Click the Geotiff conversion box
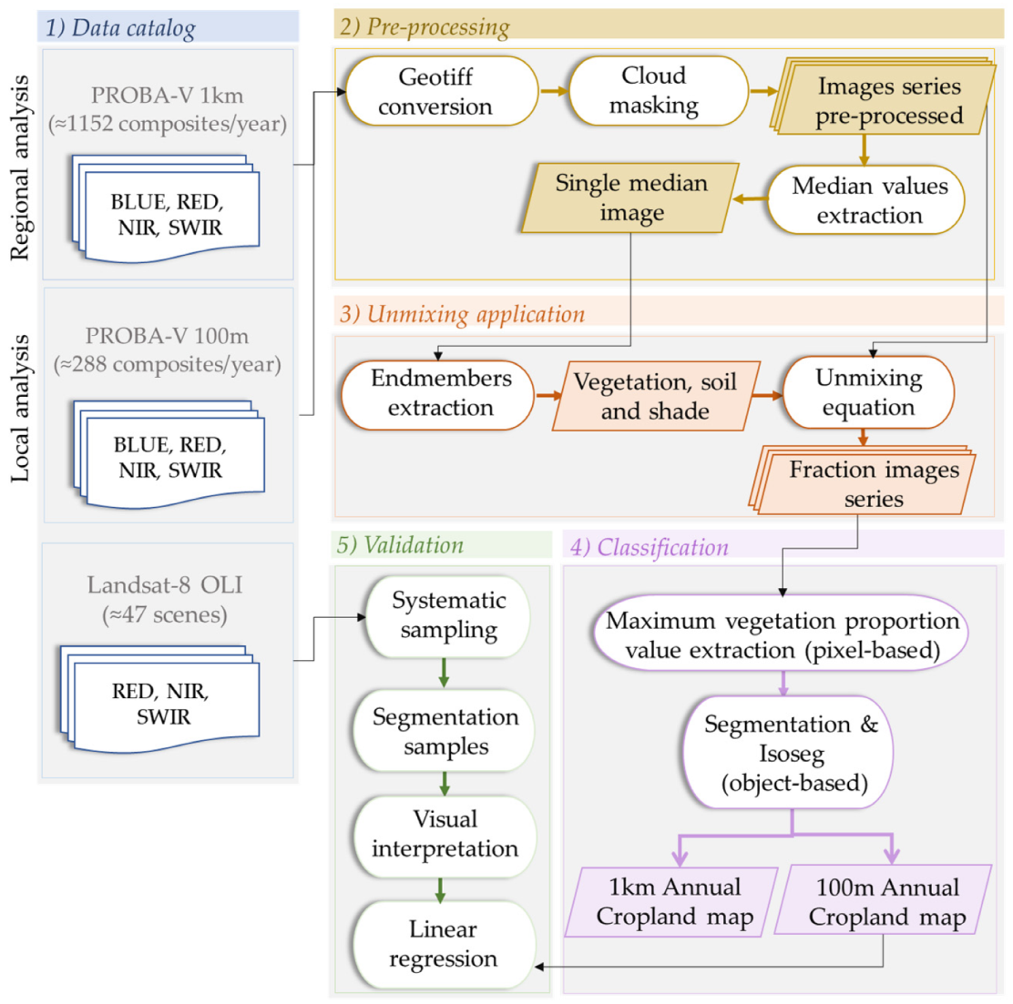[x=435, y=92]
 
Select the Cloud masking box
[x=653, y=91]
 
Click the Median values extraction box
[x=868, y=200]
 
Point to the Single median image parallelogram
[x=631, y=198]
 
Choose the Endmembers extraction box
[x=439, y=393]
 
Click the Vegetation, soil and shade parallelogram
[x=655, y=396]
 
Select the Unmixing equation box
[x=868, y=392]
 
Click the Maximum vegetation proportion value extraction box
[x=782, y=635]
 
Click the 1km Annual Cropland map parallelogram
[x=674, y=901]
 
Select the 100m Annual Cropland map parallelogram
[x=885, y=901]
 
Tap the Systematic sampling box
[x=447, y=615]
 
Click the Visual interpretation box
[x=445, y=834]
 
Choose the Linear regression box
[x=444, y=944]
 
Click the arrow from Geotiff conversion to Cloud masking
[x=553, y=91]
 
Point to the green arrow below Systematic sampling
[x=444, y=673]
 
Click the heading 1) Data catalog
[x=121, y=27]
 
